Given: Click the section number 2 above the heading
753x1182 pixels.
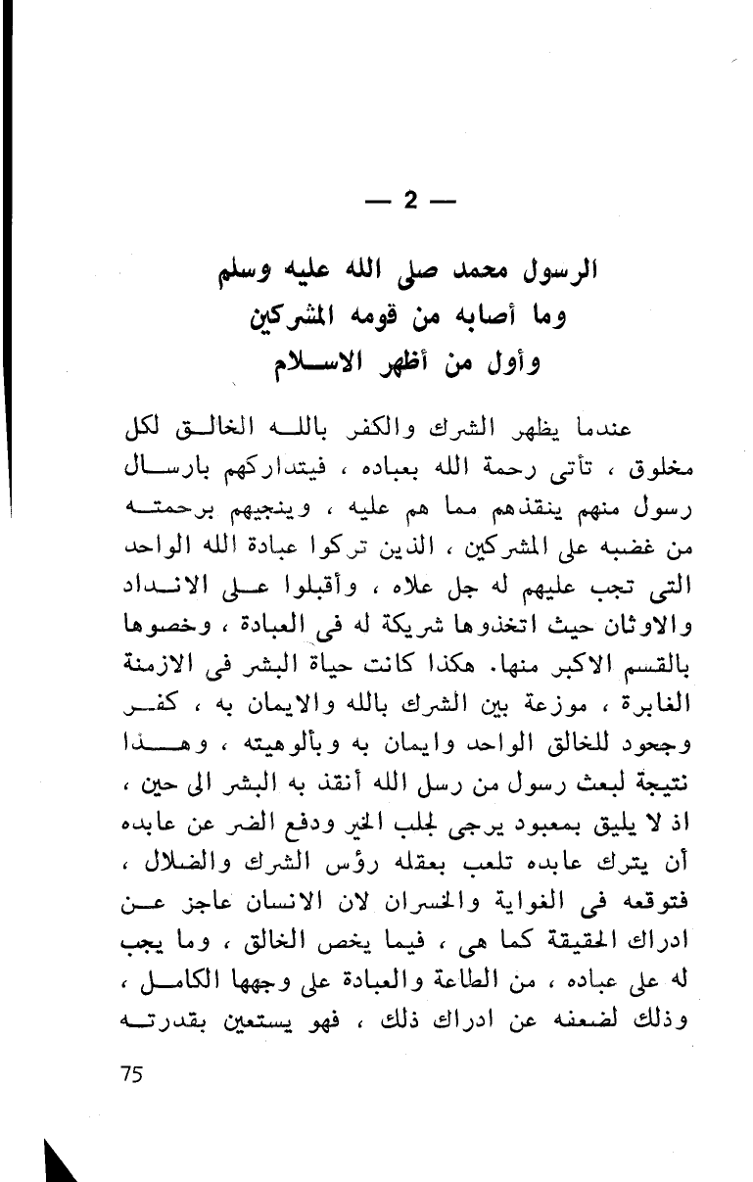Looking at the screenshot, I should [409, 202].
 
